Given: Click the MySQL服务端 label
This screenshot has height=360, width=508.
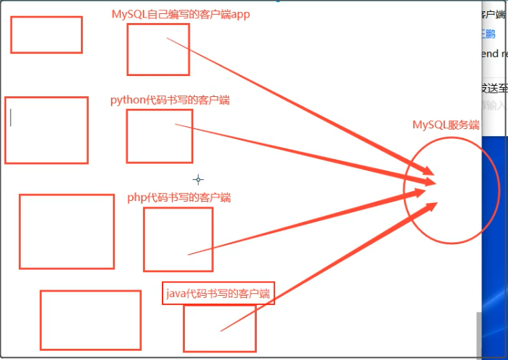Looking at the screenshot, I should [446, 126].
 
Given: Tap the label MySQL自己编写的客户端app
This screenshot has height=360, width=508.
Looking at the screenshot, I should [181, 14].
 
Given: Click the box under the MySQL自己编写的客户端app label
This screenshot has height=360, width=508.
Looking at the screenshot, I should [158, 50].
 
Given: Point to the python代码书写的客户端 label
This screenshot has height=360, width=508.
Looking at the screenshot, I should [170, 100].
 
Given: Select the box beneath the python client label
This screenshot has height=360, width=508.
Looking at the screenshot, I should [149, 136].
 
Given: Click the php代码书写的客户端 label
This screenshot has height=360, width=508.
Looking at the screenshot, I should [179, 197].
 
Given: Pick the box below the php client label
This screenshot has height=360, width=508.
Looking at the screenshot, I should [178, 239].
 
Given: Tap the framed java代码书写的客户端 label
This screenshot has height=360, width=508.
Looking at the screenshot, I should [218, 293].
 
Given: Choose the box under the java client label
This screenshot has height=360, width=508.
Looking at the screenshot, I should [219, 328].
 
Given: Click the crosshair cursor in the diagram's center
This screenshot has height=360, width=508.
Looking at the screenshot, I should [198, 179].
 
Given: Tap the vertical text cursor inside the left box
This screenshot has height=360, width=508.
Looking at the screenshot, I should [10, 118].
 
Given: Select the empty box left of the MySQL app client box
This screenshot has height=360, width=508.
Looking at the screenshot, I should [46, 35].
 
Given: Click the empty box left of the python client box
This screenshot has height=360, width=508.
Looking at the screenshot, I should [46, 130].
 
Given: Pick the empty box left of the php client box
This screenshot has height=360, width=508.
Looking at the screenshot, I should [66, 232].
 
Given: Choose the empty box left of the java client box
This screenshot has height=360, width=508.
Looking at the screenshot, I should [90, 320].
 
